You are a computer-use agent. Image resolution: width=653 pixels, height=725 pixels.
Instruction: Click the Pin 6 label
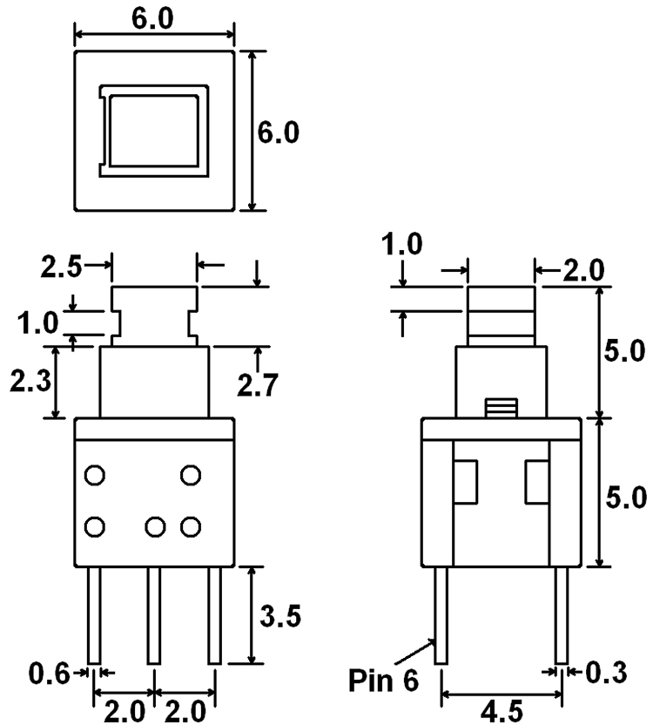383,681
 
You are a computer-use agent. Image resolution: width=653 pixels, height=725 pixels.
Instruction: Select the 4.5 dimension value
502,712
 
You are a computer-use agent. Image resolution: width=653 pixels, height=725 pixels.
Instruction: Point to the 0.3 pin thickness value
606,673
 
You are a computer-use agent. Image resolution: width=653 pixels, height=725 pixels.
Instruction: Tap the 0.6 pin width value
49,674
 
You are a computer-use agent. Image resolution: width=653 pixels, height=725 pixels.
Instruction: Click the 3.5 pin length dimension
280,615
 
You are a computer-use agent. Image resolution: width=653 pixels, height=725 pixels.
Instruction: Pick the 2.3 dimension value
30,382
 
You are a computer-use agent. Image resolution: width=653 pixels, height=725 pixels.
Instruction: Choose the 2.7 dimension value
258,384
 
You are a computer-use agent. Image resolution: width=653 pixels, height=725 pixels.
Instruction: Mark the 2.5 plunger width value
61,267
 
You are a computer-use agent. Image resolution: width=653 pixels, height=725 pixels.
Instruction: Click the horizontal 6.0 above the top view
152,19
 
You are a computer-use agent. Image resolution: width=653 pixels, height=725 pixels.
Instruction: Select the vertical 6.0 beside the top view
279,132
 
